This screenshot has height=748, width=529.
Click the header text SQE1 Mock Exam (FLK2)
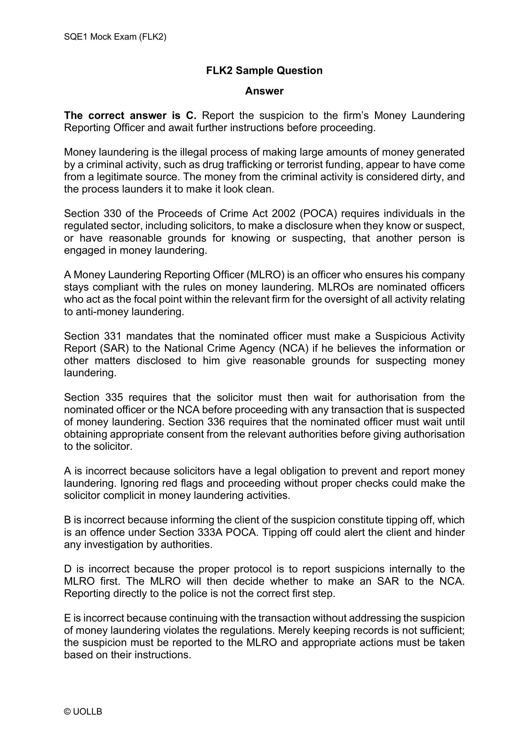(115, 37)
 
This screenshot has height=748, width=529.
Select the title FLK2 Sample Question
(264, 70)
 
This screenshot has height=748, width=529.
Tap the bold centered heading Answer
(264, 91)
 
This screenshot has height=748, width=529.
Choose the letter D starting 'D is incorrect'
(68, 569)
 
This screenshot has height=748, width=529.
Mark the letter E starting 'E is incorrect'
(67, 618)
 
